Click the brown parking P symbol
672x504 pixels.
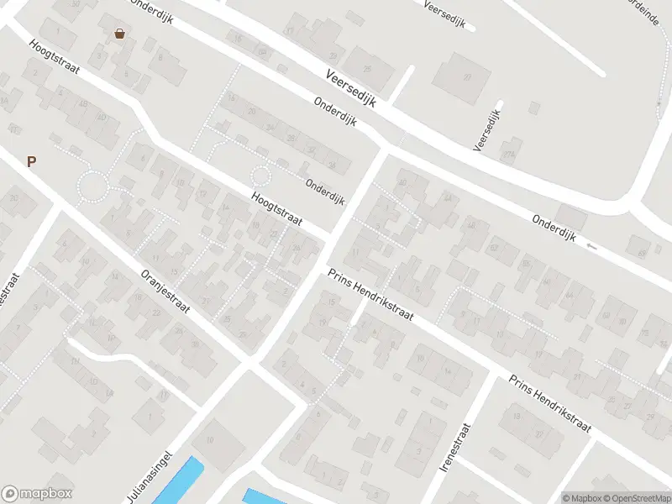(32, 162)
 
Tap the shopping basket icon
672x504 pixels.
(120, 34)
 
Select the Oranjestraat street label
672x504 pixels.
(165, 291)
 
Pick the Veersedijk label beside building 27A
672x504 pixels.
(488, 129)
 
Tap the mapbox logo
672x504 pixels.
(37, 493)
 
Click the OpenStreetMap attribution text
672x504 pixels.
(636, 497)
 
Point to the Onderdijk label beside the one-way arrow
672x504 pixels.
(554, 228)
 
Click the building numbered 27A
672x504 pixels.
(464, 77)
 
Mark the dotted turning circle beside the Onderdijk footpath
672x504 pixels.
(261, 176)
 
